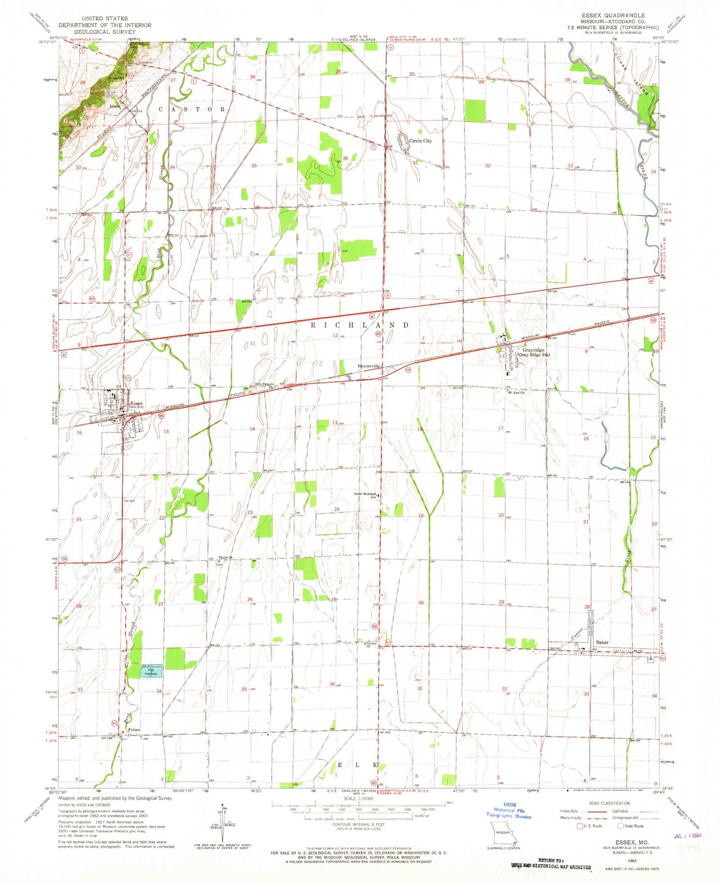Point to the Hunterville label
click(369, 366)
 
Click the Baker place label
click(602, 642)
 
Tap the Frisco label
click(134, 730)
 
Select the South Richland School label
click(365, 495)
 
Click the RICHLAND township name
click(360, 325)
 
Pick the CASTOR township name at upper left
click(192, 109)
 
